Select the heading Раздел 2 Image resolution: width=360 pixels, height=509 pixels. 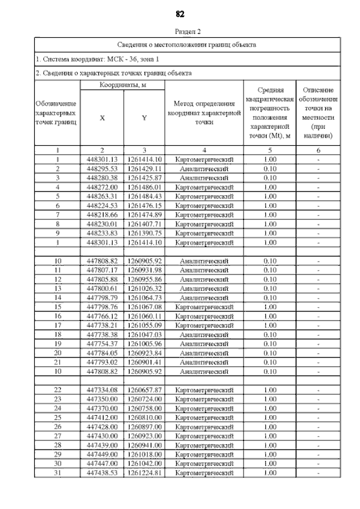(x=187, y=31)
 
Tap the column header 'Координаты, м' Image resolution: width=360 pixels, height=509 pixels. (x=123, y=84)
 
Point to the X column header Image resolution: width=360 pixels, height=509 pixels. (x=102, y=118)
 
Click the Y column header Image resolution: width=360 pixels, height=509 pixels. (x=144, y=118)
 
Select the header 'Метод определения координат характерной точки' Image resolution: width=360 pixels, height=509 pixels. (x=204, y=113)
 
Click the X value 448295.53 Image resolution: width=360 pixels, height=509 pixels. (x=102, y=168)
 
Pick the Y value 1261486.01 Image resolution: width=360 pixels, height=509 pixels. (x=144, y=187)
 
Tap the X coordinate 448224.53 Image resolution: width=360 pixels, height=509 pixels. (x=102, y=205)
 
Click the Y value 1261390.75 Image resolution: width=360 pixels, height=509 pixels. (x=144, y=233)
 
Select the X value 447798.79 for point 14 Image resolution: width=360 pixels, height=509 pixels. (x=102, y=298)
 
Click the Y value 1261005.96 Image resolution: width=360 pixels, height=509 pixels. (x=144, y=344)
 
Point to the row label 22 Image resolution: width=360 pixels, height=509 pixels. (x=57, y=390)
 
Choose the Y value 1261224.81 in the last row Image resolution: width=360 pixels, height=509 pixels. (x=144, y=473)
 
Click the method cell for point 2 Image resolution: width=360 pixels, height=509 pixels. (x=204, y=168)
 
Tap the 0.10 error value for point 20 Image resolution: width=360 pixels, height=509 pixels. (x=270, y=353)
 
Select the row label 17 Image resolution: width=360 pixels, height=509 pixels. (x=57, y=325)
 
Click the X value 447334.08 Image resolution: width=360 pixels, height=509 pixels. (x=102, y=390)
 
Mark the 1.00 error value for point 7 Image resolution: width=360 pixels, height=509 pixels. (x=270, y=214)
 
